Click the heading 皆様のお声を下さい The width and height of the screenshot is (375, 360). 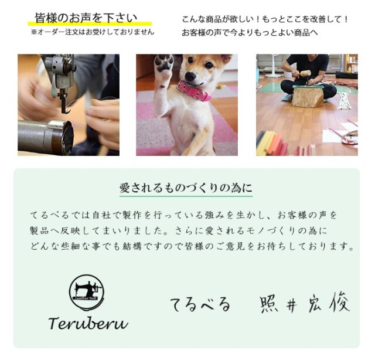click(x=86, y=18)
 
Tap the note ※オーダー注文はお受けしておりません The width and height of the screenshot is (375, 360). click(x=93, y=32)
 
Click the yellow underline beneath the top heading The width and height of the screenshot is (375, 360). click(x=90, y=23)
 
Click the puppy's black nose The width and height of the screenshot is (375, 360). click(x=190, y=76)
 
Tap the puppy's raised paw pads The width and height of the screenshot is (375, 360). click(x=164, y=63)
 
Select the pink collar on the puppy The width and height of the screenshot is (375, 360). click(x=194, y=91)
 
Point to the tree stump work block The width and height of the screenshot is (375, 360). click(x=308, y=97)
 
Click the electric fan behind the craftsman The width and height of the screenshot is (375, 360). click(x=274, y=65)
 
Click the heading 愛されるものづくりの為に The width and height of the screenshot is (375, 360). click(x=186, y=188)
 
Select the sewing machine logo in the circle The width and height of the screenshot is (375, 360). click(x=86, y=291)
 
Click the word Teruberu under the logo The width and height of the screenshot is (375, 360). click(x=88, y=322)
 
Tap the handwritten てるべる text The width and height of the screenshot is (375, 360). click(x=200, y=304)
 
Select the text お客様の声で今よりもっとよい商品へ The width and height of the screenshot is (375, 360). click(x=250, y=33)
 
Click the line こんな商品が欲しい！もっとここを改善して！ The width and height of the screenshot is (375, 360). click(x=265, y=19)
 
